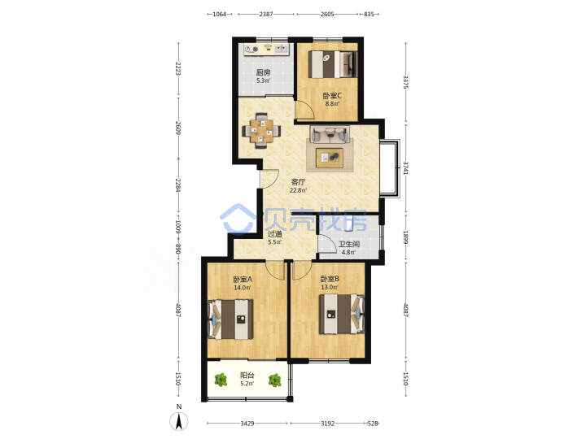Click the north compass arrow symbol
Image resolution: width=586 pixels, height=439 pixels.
coord(179,422)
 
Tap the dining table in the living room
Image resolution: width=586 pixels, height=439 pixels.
coord(261,131)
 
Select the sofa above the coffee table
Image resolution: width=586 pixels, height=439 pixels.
coord(330,134)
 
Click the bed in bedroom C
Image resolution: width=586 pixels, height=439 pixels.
coord(333,64)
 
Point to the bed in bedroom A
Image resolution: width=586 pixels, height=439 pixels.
coord(230,319)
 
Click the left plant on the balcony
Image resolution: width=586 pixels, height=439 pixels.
coord(221,380)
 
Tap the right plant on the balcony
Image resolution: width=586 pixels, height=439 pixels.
coord(275,380)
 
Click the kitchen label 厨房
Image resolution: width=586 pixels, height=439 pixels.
coord(263,73)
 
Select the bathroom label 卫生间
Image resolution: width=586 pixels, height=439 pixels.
coord(349,244)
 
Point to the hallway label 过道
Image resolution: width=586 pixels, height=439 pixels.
coord(275,234)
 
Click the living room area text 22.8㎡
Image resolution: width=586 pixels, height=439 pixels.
coord(298,190)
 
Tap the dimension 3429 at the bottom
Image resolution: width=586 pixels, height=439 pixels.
coord(247,424)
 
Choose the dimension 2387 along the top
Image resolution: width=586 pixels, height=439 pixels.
coord(266,14)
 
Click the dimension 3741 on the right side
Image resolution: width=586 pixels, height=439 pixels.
coord(406,168)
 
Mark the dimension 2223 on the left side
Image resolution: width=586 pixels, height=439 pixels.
coord(178,68)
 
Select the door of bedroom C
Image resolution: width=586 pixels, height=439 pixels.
coord(304,111)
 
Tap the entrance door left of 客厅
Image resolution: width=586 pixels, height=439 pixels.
coord(269,179)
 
